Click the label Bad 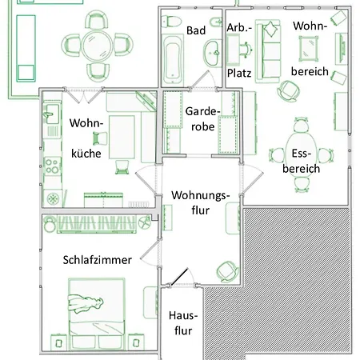tap(195, 30)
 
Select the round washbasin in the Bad tap(212, 56)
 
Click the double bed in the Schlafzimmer tap(96, 306)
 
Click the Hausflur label tap(182, 322)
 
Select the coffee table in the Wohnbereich tap(310, 50)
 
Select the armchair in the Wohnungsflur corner tap(226, 270)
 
